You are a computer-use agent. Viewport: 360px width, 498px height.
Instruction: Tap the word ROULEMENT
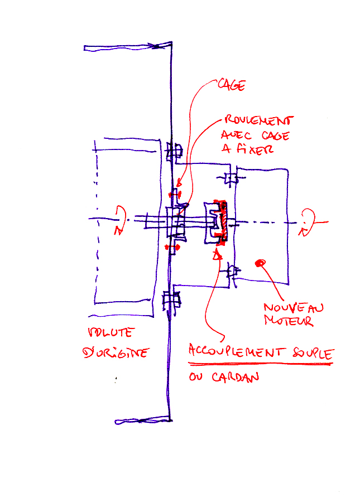coord(258,121)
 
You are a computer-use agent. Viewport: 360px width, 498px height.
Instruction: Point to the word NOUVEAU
coord(293,308)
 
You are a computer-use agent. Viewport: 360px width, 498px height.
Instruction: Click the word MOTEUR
coord(288,322)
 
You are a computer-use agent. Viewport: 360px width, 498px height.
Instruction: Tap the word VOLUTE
coord(111,333)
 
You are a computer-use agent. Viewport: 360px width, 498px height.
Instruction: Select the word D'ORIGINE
coord(115,352)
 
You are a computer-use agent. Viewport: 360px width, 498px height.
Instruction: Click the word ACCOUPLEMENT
coord(237,351)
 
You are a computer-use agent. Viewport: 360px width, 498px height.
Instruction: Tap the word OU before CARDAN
coord(196,378)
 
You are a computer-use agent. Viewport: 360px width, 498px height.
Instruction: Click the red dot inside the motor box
coord(258,263)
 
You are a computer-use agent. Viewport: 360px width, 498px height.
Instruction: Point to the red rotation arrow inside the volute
coord(120,221)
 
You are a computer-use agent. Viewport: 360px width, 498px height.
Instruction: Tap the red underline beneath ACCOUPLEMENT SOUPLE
coord(260,364)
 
